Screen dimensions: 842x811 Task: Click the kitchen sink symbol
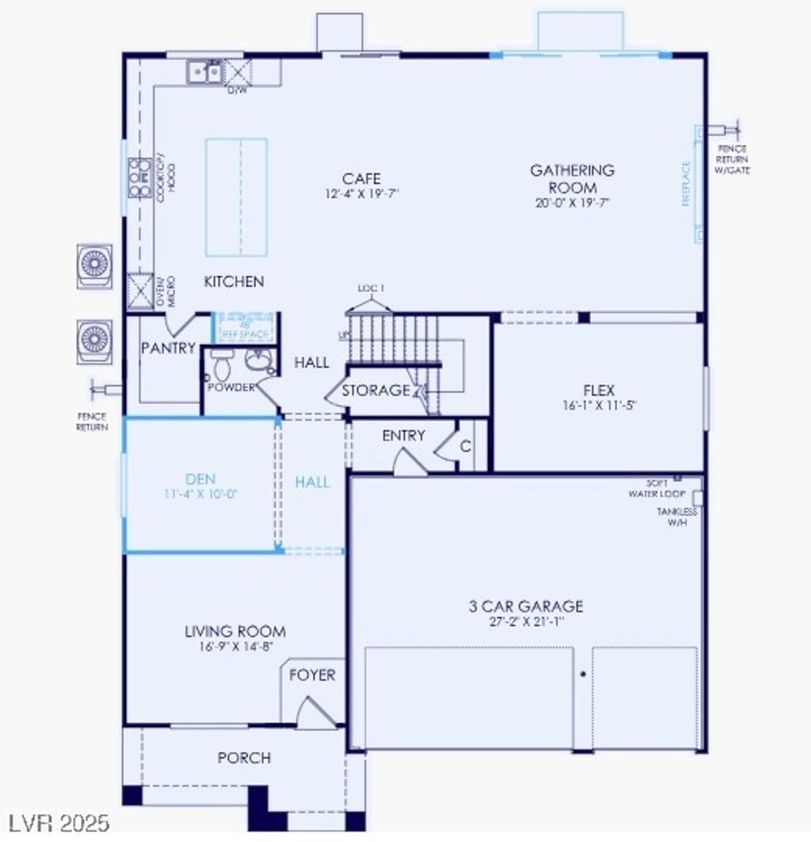[205, 73]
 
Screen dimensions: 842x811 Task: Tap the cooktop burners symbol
[139, 177]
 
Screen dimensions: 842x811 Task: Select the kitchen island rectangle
[236, 196]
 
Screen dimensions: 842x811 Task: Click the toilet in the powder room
[221, 366]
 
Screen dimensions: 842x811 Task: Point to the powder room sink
[258, 362]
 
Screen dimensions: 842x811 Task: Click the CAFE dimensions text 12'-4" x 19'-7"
[361, 193]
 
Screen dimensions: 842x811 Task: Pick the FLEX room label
[599, 390]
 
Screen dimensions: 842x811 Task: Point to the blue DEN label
[200, 479]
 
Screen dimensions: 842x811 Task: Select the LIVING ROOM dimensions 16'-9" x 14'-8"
[234, 646]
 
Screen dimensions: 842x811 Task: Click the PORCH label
[244, 758]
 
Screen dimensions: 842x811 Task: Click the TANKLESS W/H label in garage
[677, 516]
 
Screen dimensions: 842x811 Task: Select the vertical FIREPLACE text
[687, 184]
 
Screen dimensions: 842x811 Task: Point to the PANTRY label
[168, 349]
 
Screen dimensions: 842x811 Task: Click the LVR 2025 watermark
[60, 823]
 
